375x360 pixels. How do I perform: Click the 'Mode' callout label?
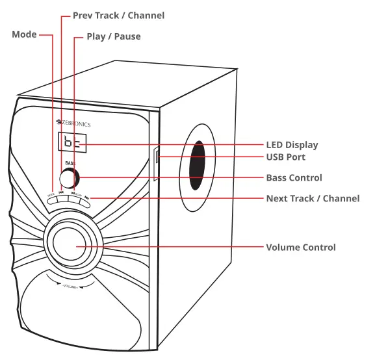pos(24,34)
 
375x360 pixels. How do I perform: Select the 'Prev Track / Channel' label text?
pos(118,15)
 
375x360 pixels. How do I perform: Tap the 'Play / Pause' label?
pos(114,36)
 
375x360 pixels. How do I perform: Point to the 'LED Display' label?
pos(292,145)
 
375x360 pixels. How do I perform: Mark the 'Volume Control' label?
pos(301,247)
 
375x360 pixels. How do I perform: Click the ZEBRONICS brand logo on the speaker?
pos(73,123)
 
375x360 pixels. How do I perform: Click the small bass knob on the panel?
pos(68,177)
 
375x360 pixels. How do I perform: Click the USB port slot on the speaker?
pos(157,157)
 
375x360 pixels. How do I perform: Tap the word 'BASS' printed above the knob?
pos(70,164)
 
